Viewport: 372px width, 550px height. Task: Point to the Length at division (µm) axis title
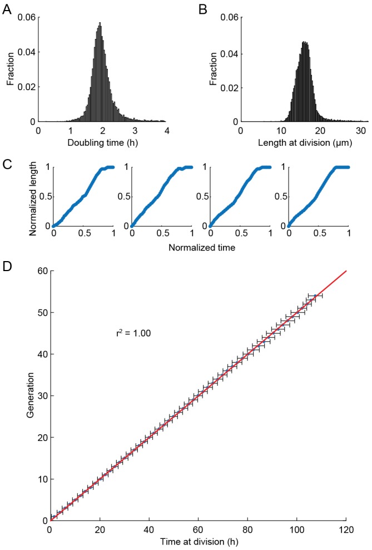[x=304, y=143]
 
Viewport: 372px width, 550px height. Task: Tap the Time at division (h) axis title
[x=198, y=542]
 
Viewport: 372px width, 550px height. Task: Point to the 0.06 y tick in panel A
[x=26, y=17]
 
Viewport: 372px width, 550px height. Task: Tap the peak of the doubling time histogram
[x=100, y=23]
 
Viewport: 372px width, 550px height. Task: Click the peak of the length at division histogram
[x=304, y=41]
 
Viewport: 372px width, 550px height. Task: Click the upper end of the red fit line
[x=346, y=272]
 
